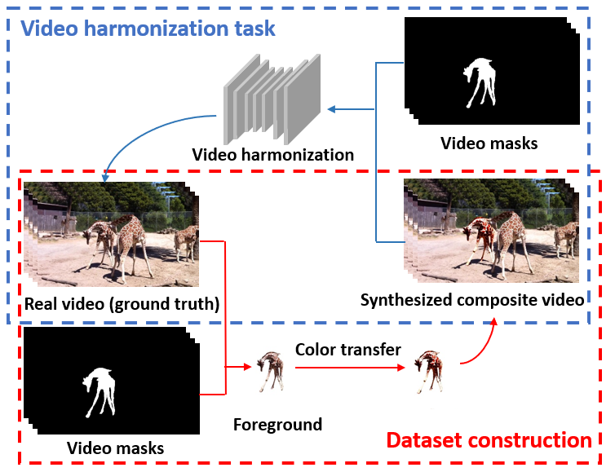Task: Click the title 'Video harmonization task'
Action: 148,29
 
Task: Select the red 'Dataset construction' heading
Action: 489,440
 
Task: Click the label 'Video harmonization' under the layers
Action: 272,154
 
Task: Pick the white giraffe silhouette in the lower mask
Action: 96,392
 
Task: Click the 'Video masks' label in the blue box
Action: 489,143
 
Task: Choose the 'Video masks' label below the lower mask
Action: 115,448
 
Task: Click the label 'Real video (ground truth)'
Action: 122,305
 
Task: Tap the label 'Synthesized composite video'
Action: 472,300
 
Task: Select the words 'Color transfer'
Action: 348,349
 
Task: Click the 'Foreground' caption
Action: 277,424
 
